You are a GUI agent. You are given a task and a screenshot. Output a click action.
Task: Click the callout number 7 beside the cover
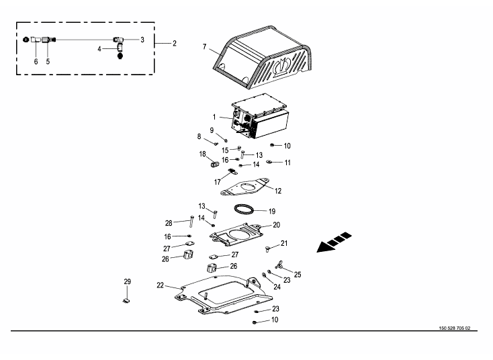click(x=204, y=46)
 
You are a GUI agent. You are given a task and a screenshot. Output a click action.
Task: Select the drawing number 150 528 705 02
click(x=455, y=328)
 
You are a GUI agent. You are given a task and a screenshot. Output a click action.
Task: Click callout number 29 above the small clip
click(x=127, y=281)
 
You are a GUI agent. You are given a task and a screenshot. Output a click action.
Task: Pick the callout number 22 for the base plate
click(x=161, y=285)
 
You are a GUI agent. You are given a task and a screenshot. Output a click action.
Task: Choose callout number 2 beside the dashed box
click(x=174, y=43)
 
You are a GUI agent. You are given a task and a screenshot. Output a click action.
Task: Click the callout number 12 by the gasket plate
click(x=277, y=191)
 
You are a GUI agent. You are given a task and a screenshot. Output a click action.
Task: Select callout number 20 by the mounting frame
click(x=276, y=225)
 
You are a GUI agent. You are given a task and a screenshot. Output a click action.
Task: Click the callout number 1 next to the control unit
click(x=214, y=118)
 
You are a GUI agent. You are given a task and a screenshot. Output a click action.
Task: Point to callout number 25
click(x=298, y=274)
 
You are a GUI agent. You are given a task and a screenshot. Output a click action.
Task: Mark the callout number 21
click(x=284, y=243)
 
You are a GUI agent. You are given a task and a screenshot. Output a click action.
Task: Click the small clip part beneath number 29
click(x=126, y=301)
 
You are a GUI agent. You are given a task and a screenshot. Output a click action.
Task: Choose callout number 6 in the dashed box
click(x=36, y=60)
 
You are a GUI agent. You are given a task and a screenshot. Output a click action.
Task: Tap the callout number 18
click(x=202, y=154)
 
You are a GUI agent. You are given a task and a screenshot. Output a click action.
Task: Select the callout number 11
click(x=287, y=163)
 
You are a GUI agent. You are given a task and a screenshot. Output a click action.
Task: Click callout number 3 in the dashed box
click(x=142, y=40)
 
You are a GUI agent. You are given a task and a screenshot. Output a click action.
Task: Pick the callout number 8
click(x=199, y=136)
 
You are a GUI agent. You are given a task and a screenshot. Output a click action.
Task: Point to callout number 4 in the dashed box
click(x=99, y=48)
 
